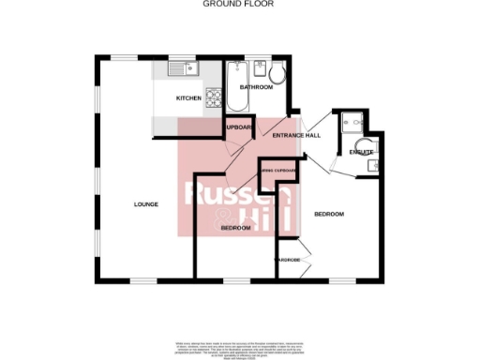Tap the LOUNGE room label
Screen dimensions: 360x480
[145, 203]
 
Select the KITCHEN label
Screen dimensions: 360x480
[189, 98]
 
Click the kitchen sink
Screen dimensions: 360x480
[180, 68]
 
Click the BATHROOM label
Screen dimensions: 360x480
[256, 87]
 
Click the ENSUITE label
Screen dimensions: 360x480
[361, 152]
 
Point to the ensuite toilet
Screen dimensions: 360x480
[372, 165]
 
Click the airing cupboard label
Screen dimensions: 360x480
[279, 171]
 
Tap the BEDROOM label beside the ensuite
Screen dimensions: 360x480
[329, 215]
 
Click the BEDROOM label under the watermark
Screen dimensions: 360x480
[235, 229]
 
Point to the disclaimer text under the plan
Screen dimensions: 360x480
[239, 348]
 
